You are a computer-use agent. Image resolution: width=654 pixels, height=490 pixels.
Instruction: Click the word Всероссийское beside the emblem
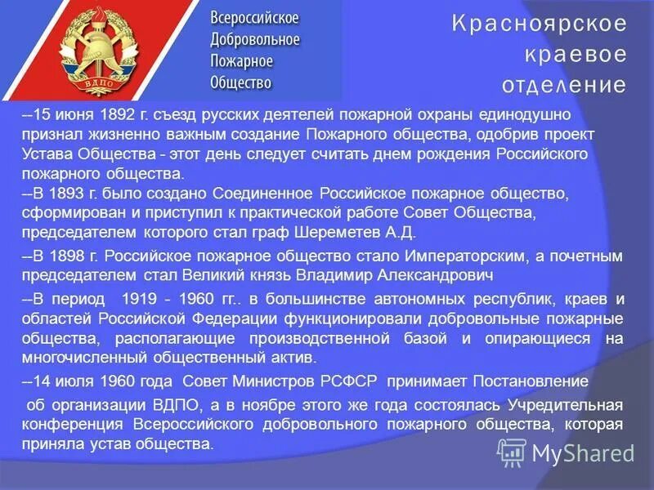click(254, 18)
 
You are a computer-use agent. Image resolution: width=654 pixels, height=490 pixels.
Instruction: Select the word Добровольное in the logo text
click(254, 39)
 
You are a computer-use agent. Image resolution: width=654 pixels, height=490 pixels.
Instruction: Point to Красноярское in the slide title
click(539, 23)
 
